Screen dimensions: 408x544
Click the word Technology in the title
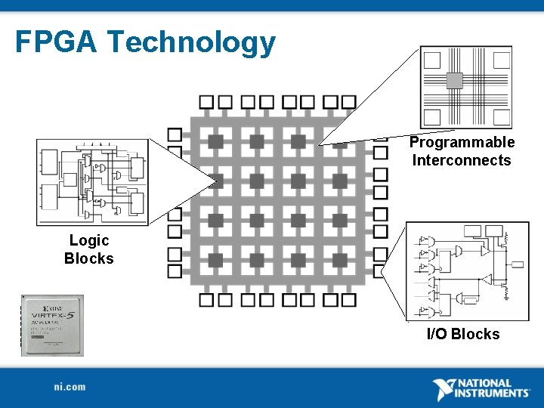(x=191, y=43)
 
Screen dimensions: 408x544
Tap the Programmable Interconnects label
(x=462, y=151)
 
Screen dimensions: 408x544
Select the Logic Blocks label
(x=89, y=249)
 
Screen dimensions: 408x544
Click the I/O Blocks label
(x=463, y=334)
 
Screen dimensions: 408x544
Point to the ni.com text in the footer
(x=70, y=387)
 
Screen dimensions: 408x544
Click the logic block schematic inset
(x=92, y=182)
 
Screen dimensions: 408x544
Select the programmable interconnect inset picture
(x=465, y=87)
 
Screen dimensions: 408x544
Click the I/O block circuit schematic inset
(x=466, y=271)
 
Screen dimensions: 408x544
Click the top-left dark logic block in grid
(x=216, y=141)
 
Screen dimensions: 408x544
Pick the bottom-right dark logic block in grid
(x=339, y=261)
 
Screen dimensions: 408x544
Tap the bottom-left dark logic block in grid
(x=216, y=261)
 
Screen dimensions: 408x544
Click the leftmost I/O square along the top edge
(x=206, y=102)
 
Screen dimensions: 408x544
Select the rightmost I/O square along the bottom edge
(x=348, y=300)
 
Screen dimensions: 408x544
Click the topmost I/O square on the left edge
(x=175, y=134)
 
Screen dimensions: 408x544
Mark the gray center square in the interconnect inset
(x=454, y=81)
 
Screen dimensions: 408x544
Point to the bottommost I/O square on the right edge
(x=381, y=270)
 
